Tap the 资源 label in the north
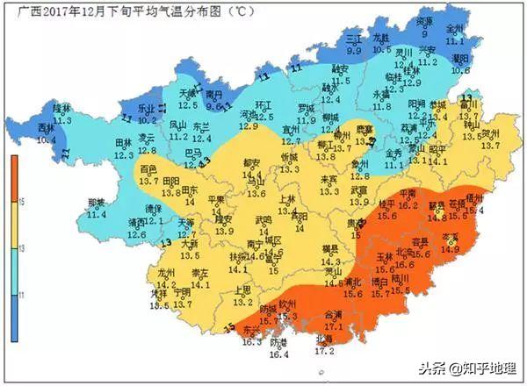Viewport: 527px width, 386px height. point(424,20)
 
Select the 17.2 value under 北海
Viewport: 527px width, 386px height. point(324,351)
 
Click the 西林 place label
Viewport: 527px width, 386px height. point(47,128)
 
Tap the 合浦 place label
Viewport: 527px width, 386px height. point(334,315)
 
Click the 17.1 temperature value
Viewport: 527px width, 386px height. point(335,325)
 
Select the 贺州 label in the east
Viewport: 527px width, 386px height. point(489,133)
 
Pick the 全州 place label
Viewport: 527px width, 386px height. point(454,28)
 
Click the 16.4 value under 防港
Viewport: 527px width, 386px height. point(278,354)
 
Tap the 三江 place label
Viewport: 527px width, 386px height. point(354,40)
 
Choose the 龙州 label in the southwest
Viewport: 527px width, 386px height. point(166,273)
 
